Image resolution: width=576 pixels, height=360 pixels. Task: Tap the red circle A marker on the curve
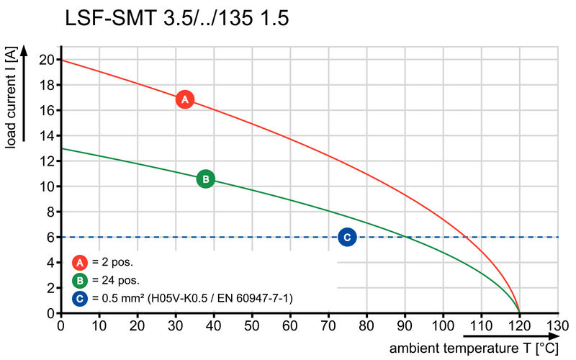pyautogui.click(x=184, y=99)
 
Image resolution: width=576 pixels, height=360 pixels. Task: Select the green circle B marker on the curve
pyautogui.click(x=205, y=179)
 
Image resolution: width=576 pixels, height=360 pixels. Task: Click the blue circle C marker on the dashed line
pyautogui.click(x=347, y=237)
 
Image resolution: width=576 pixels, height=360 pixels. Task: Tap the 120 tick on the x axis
pyautogui.click(x=519, y=325)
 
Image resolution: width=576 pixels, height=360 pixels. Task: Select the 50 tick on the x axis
pyautogui.click(x=252, y=325)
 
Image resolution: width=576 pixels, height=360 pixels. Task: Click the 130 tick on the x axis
pyautogui.click(x=557, y=325)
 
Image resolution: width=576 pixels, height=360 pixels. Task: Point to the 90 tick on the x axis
pyautogui.click(x=405, y=325)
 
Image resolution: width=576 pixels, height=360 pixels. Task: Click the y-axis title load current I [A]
pyautogui.click(x=11, y=99)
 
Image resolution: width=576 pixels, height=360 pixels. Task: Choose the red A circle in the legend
pyautogui.click(x=81, y=263)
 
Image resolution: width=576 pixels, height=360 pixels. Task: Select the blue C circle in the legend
pyautogui.click(x=81, y=297)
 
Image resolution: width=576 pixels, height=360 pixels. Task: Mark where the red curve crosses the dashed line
pyautogui.click(x=467, y=237)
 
